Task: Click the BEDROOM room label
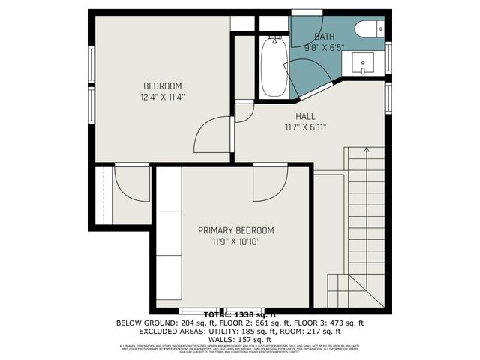pos(163,85)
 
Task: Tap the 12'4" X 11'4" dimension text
pos(163,96)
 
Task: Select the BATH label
pos(325,37)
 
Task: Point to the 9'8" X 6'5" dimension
pos(325,46)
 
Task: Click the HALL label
pos(305,116)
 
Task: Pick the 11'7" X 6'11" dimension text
pos(305,127)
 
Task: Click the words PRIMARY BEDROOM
pos(235,230)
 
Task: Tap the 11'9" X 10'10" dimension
pos(235,241)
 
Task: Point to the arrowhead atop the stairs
pos(366,151)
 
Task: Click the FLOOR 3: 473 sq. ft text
pos(334,322)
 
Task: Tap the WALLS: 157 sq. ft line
pos(240,339)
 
